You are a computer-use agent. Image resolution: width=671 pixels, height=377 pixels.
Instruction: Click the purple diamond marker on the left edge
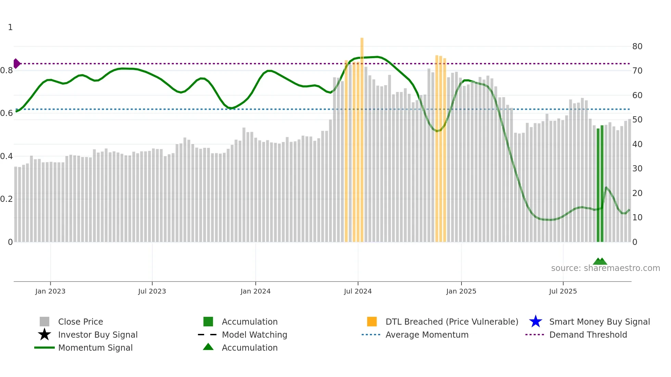point(16,64)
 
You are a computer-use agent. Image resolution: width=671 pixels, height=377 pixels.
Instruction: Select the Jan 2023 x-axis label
point(50,291)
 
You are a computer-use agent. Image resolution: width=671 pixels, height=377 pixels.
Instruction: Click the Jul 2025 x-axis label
point(563,291)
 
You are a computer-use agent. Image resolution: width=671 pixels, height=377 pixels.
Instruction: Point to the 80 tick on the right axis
point(637,47)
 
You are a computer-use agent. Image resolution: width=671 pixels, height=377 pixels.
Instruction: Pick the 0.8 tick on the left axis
point(7,70)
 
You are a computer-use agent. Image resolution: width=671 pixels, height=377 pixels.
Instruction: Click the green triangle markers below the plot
point(600,261)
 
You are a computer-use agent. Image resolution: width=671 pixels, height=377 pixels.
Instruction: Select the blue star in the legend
point(535,322)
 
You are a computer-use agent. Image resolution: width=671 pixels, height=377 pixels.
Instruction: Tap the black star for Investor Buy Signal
point(45,335)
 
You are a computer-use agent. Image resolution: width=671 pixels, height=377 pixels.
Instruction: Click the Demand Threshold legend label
point(588,335)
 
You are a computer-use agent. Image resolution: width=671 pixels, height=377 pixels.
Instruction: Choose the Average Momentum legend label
point(427,335)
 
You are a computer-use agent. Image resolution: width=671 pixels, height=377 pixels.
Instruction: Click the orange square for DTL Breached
point(372,322)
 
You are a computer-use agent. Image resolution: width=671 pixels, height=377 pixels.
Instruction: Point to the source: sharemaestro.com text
point(605,268)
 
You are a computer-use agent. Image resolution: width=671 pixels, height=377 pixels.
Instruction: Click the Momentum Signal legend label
point(95,348)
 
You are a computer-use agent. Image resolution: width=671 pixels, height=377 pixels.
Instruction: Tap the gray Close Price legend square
point(45,322)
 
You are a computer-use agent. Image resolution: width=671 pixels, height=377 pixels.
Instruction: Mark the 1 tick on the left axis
point(10,27)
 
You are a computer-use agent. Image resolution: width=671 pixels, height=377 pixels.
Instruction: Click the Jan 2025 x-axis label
point(461,291)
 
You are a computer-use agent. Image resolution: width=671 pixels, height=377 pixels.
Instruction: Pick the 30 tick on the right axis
point(637,169)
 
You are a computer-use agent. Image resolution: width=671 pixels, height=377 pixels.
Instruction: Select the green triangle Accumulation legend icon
point(208,347)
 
